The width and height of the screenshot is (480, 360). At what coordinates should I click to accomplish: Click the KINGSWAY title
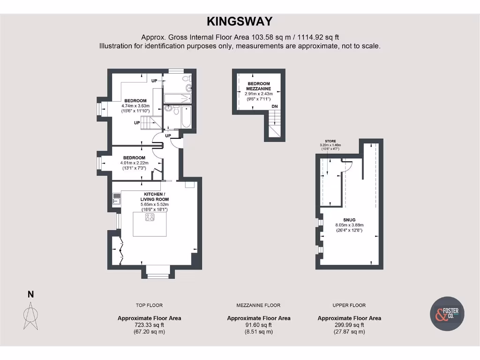point(240,21)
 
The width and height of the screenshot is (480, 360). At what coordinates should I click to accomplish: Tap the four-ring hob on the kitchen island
point(150,217)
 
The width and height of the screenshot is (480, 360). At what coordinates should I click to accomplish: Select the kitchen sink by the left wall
point(116,201)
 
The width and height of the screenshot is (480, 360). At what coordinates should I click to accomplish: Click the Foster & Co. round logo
point(447,314)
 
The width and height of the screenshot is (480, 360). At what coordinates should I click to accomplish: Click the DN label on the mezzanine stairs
point(275,107)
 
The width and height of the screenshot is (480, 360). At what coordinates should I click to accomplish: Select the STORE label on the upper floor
point(330,141)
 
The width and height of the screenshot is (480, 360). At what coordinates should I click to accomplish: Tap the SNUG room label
point(349,219)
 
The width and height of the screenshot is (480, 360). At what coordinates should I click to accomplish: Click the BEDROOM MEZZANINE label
point(259,86)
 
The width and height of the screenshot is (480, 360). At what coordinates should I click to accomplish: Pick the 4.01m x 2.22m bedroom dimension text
point(134,163)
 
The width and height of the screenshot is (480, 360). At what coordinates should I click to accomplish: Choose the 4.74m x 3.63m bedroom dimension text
point(135,106)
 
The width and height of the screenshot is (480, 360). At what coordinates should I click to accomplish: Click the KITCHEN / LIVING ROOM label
point(154,196)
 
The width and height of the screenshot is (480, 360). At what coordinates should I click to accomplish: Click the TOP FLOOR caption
point(149,305)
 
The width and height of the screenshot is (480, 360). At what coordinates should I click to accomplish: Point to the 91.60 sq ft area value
point(259,325)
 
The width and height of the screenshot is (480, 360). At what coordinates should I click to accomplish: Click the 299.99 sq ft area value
point(349,325)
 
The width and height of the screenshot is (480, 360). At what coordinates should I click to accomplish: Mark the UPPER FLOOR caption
point(349,305)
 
